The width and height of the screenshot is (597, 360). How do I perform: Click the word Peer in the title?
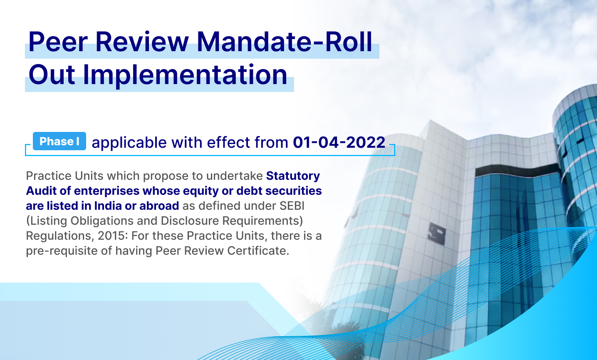click(x=58, y=42)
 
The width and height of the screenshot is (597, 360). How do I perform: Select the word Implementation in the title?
click(x=185, y=75)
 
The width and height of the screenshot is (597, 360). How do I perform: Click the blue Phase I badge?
click(x=59, y=141)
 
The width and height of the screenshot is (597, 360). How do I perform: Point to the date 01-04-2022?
click(x=339, y=142)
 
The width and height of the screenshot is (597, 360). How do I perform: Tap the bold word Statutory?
click(x=293, y=176)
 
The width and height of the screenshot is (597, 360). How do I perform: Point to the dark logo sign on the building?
click(x=436, y=233)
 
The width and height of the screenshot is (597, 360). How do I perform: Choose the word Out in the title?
click(x=52, y=75)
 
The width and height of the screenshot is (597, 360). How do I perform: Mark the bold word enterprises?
click(x=107, y=191)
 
